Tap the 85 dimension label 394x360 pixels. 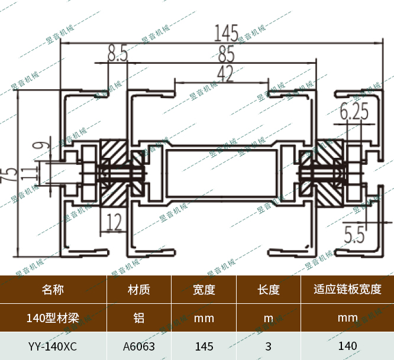click(x=225, y=54)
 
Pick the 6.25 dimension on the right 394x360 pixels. click(x=354, y=111)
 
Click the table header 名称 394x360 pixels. click(x=53, y=290)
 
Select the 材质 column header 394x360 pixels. click(x=138, y=290)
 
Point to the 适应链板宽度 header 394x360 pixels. click(x=347, y=290)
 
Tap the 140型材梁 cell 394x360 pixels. click(x=53, y=318)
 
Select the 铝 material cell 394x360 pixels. click(x=138, y=318)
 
